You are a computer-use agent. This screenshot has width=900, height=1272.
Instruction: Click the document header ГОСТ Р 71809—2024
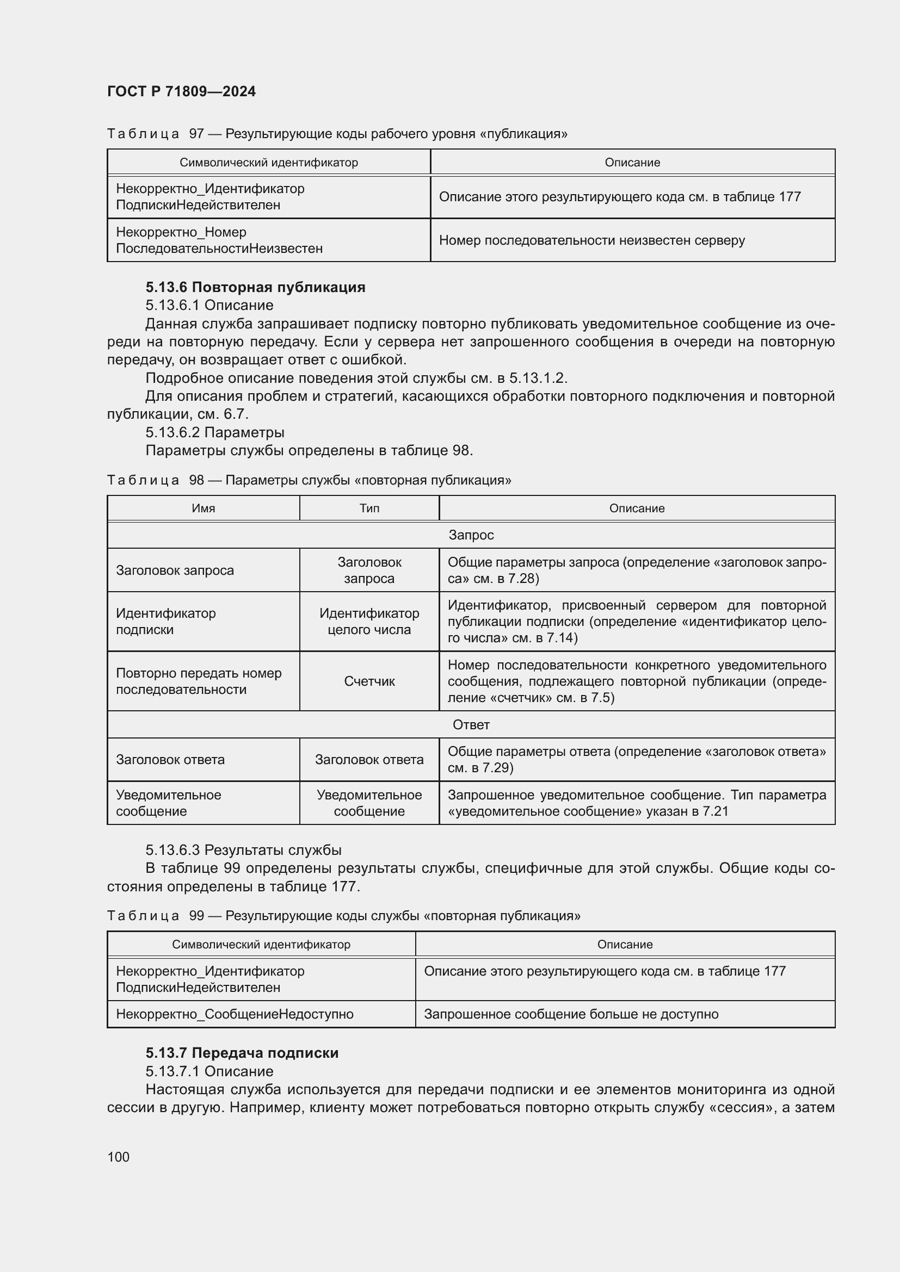coord(181,91)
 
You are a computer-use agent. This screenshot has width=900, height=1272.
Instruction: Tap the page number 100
coord(118,1157)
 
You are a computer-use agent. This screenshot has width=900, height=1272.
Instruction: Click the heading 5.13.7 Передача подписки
coord(242,1053)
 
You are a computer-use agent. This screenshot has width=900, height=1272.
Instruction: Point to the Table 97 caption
coord(337,134)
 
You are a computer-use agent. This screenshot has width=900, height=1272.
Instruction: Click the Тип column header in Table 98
coord(369,508)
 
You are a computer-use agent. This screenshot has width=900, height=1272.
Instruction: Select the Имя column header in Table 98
coord(204,508)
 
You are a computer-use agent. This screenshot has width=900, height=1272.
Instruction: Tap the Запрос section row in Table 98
coord(471,535)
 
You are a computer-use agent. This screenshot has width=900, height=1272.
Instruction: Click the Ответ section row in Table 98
coord(471,724)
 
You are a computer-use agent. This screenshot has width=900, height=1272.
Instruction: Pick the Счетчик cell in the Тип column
coord(369,681)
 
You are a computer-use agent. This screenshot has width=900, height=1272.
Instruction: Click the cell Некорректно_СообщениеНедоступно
coord(235,1014)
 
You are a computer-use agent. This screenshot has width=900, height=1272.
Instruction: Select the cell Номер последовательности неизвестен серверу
coord(591,240)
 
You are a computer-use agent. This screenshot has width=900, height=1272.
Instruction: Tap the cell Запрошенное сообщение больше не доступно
coord(571,1014)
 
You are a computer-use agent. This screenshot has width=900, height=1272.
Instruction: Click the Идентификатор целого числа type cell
coord(369,621)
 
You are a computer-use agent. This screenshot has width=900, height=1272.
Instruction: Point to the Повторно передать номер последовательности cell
coord(199,681)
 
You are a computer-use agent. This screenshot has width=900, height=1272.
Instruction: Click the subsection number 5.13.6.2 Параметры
coord(215,432)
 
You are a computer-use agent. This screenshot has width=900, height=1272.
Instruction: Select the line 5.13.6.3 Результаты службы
coord(243,850)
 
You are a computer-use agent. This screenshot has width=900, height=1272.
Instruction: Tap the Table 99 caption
coord(343,915)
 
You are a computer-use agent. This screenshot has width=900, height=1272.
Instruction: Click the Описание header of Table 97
coord(632,162)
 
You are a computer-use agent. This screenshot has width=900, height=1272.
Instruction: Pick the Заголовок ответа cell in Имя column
coord(170,759)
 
